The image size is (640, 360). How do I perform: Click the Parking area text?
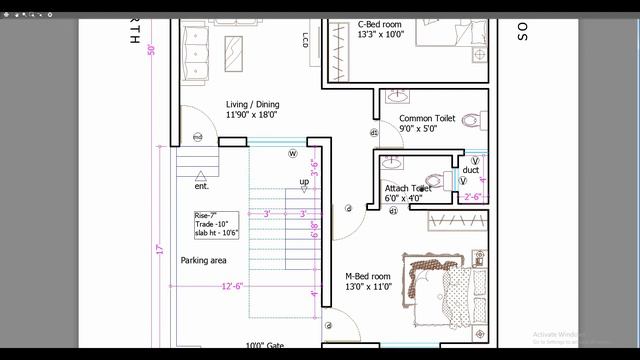pyautogui.click(x=203, y=260)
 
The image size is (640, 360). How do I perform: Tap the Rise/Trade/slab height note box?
pyautogui.click(x=217, y=224)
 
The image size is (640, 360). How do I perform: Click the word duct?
pyautogui.click(x=470, y=170)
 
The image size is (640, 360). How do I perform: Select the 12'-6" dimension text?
pyautogui.click(x=233, y=287)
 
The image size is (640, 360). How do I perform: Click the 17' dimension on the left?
pyautogui.click(x=158, y=248)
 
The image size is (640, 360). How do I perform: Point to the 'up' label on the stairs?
pyautogui.click(x=304, y=182)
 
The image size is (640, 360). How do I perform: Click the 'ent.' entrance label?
pyautogui.click(x=201, y=186)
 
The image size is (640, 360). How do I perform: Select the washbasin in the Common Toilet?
pyautogui.click(x=396, y=98)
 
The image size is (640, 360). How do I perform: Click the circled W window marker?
pyautogui.click(x=293, y=153)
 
